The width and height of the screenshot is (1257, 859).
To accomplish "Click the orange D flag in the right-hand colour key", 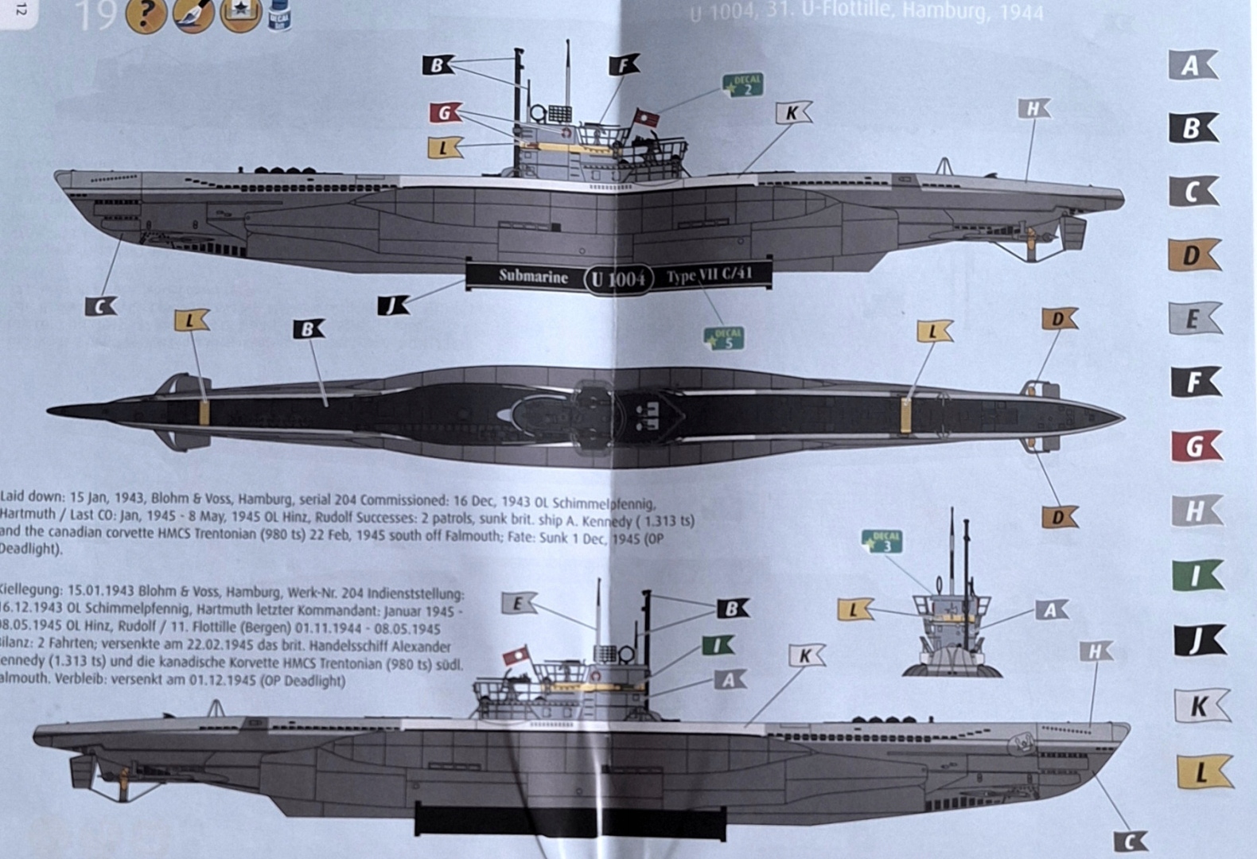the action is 1193,255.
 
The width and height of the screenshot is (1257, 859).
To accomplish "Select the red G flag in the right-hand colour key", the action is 1195,447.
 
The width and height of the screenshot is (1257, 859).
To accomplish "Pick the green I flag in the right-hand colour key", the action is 1197,575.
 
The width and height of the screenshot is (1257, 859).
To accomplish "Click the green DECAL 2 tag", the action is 742,84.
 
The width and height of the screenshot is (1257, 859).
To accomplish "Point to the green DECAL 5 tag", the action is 724,338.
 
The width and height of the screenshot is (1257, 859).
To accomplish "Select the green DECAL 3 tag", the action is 881,542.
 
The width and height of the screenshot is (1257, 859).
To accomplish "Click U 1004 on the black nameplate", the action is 619,279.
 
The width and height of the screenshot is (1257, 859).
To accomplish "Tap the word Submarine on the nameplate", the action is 533,277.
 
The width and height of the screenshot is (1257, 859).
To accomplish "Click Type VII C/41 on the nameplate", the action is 707,276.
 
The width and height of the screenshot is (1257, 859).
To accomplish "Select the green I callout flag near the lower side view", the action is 718,645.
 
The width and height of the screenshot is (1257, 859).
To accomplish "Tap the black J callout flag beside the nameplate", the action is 393,304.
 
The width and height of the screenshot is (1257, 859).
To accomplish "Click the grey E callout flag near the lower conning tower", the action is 518,603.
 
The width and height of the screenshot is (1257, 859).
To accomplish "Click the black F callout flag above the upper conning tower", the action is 624,65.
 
